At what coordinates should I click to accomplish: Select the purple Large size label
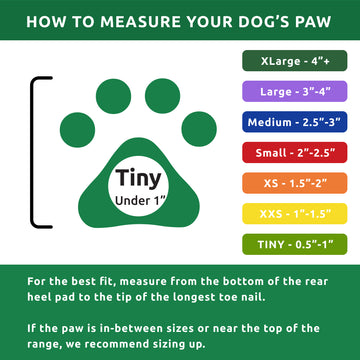299,92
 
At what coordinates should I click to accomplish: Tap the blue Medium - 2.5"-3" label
299,123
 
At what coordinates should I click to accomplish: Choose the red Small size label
299,154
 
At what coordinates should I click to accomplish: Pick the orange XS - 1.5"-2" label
299,185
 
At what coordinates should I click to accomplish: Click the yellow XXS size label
299,216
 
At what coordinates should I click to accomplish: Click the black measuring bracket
35,150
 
